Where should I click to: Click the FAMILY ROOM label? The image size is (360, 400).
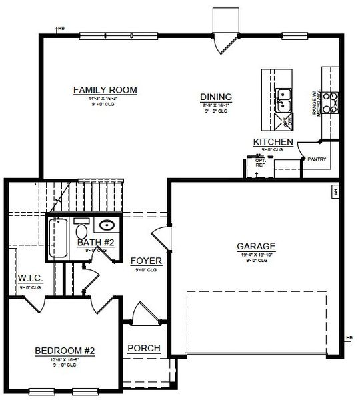(x=105, y=89)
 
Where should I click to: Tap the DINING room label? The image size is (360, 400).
(x=216, y=96)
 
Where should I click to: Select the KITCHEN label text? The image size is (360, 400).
(x=273, y=142)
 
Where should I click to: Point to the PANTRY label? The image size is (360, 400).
(x=316, y=159)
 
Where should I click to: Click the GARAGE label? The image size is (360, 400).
(x=256, y=245)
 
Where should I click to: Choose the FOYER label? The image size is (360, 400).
(x=144, y=260)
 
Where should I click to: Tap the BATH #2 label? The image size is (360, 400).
(x=95, y=243)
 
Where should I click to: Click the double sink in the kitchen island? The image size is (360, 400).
(x=285, y=100)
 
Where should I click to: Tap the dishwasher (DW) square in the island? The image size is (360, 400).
(x=286, y=121)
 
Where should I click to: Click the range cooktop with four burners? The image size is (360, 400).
(x=330, y=101)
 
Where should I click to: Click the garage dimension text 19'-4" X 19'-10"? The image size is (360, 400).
(x=256, y=254)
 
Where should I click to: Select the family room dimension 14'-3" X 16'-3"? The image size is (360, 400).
(x=105, y=98)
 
